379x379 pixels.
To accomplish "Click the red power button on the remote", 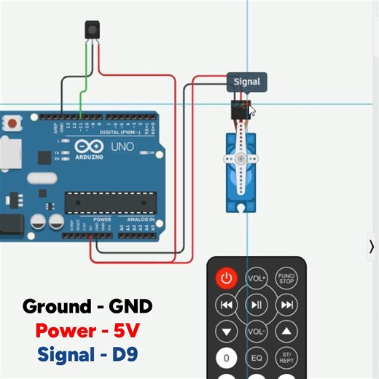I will coord(226,278).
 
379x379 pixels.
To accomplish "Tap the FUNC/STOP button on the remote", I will coord(286,278).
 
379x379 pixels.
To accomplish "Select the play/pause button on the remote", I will coord(256,305).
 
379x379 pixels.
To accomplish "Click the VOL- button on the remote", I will coord(256,332).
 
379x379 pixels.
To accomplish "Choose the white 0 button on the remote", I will coord(226,358).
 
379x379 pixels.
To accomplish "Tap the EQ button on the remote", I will coord(257,358).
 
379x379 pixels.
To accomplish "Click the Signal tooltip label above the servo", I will coord(246,82).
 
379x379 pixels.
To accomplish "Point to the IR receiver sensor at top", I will coord(93,30).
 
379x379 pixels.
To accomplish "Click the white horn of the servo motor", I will coord(240,162).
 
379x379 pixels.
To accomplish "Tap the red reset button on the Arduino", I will coord(11,125).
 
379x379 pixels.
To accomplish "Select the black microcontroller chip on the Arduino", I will coord(111,202).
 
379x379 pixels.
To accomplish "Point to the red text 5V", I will coord(125,332).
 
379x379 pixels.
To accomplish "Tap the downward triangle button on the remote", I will coord(226,332).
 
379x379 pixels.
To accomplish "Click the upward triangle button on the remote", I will coord(286,332).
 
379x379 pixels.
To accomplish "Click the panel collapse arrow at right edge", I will coord(372,246).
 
